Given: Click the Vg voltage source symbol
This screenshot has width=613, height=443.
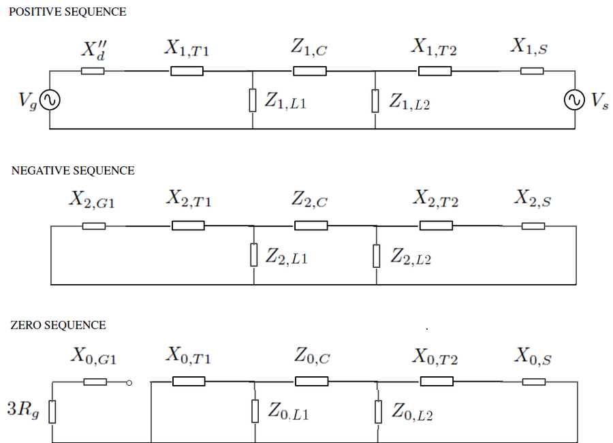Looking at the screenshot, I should (x=50, y=100).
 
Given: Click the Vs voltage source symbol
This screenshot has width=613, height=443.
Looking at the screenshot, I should (x=573, y=100).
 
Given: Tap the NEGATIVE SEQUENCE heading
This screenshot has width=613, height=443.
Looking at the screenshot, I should (x=73, y=170).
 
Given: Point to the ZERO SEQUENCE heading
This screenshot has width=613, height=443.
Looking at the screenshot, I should (x=58, y=325).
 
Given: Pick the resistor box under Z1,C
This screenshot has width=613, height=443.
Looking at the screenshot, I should (x=310, y=71).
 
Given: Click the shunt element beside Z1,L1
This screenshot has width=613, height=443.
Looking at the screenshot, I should (x=253, y=100).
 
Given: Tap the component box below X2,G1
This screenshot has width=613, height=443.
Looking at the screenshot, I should (x=94, y=226).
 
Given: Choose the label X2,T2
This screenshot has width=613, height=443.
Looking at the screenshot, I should (x=436, y=200).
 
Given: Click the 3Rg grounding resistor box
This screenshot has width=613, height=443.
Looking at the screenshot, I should (x=52, y=412).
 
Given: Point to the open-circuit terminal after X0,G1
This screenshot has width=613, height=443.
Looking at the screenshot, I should (x=129, y=382).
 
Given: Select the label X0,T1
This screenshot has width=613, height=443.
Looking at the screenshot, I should (x=188, y=356).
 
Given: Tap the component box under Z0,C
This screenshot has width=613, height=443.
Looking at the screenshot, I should (x=312, y=381).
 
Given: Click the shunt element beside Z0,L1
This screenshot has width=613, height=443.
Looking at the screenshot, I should (x=255, y=411).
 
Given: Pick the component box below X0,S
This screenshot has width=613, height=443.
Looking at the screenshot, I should (x=533, y=381).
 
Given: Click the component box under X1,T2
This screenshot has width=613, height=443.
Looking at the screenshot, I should (x=435, y=71).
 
